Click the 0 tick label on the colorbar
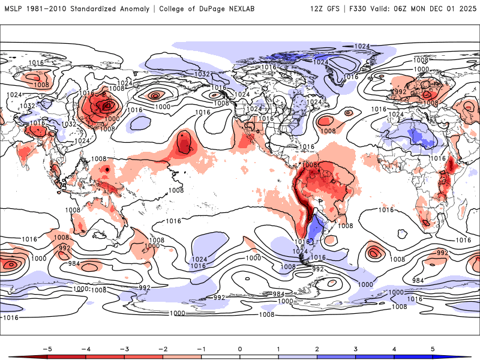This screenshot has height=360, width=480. click(239, 349)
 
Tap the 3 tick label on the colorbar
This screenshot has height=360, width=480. click(355, 349)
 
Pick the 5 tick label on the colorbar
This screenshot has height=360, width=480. click(433, 349)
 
